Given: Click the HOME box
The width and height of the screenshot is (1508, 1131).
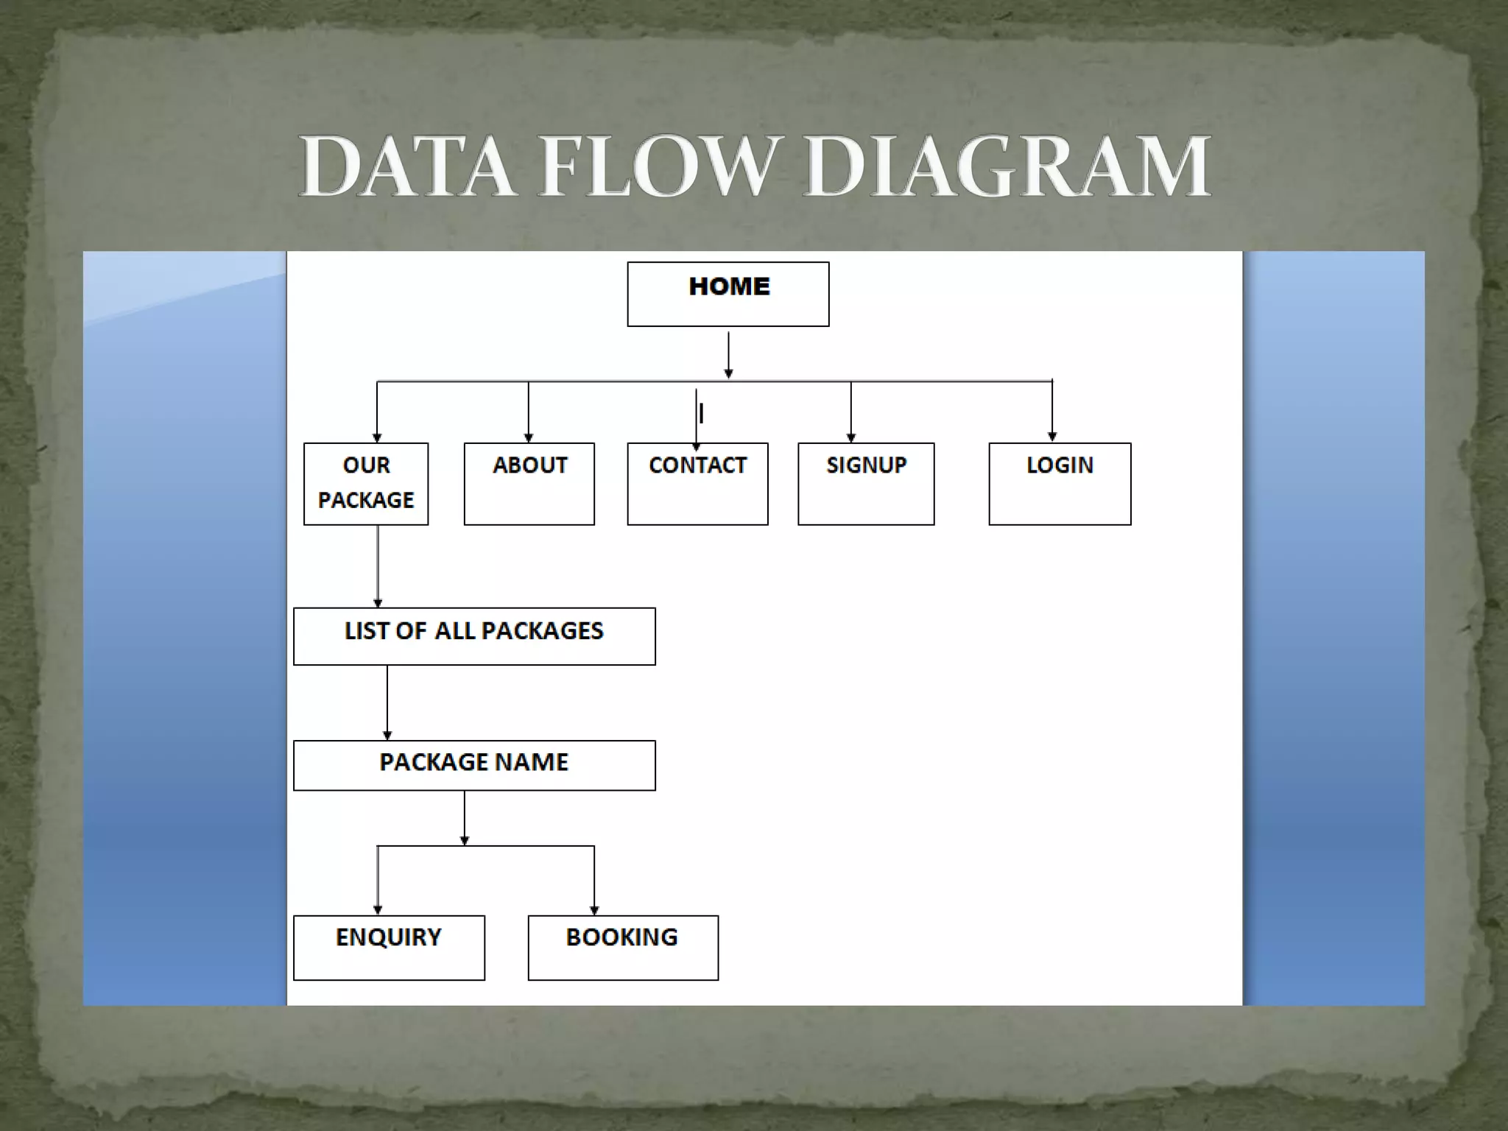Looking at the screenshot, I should tap(727, 294).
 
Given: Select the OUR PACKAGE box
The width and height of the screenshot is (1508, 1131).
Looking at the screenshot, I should tap(366, 484).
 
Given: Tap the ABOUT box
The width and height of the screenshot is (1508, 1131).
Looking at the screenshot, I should tap(529, 484).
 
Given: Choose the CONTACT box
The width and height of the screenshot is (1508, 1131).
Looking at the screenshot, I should tap(697, 484).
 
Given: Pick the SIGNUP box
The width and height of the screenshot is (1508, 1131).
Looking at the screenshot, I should tap(866, 484).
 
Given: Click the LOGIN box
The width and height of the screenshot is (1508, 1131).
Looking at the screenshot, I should tap(1060, 484).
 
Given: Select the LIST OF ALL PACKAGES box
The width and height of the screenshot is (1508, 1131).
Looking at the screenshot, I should tap(474, 636).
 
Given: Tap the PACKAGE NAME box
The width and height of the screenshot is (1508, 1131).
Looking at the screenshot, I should tap(474, 765).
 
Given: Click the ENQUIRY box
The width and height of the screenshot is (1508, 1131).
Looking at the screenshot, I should tap(389, 948).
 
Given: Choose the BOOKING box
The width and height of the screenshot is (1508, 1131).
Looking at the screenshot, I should tap(623, 948).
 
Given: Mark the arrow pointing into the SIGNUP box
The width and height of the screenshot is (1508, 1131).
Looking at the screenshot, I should tap(851, 412).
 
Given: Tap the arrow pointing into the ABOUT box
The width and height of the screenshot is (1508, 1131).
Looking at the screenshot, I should tap(529, 412).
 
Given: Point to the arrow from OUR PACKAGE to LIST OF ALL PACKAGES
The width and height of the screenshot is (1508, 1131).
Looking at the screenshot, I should tap(378, 566).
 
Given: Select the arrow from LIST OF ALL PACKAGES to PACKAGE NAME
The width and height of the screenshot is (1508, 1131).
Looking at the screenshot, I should tap(387, 702).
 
